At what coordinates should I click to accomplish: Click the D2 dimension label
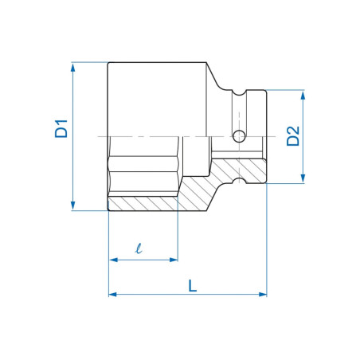292,136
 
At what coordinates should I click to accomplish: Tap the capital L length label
192,284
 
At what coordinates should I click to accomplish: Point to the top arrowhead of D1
74,67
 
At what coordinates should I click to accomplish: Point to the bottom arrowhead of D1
74,206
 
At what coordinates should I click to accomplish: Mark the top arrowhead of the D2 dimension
303,95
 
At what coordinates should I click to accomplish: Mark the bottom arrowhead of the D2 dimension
303,179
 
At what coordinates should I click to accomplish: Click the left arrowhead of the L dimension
112,295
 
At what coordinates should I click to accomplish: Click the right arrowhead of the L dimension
262,295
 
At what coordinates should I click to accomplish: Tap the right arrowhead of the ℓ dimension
173,260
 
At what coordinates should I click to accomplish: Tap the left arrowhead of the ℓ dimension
112,260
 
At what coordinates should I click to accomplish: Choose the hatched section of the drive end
239,169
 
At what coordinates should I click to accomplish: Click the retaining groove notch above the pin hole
238,95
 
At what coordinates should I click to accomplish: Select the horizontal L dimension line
159,295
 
